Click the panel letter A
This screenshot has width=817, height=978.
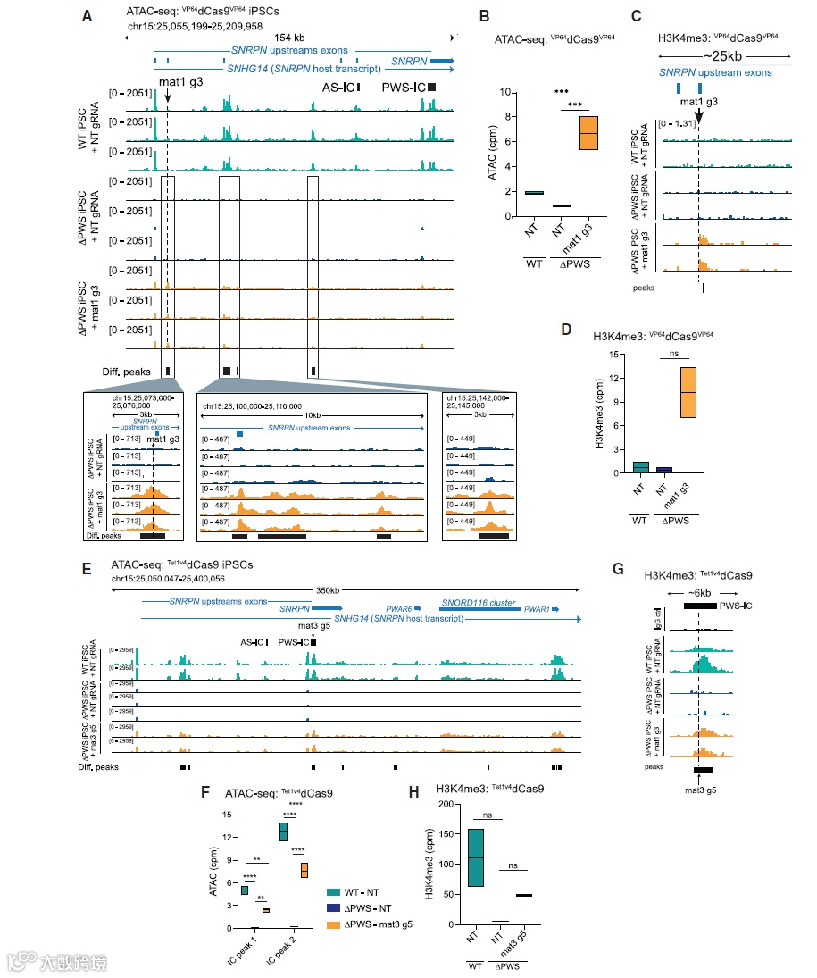pyautogui.click(x=86, y=15)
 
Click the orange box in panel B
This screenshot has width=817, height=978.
pyautogui.click(x=589, y=132)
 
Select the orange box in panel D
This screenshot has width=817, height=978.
pyautogui.click(x=688, y=391)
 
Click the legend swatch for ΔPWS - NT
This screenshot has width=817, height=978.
pyautogui.click(x=333, y=907)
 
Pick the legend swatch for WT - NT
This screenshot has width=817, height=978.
pyautogui.click(x=333, y=891)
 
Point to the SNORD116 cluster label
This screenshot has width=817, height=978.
pyautogui.click(x=478, y=603)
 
